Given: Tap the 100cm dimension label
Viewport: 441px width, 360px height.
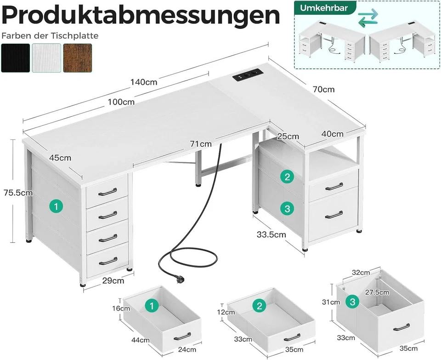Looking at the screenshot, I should click(122, 102).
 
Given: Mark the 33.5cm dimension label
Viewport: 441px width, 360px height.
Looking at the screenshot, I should click(271, 234).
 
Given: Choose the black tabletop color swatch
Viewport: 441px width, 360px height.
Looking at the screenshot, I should click(15, 58).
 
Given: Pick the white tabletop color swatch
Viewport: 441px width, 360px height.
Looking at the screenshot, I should click(46, 58).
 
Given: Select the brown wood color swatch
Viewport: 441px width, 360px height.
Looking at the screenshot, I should click(77, 58).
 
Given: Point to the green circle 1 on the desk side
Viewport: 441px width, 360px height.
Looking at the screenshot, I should click(56, 207).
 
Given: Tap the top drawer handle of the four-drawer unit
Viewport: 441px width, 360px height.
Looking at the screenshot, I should click(107, 191).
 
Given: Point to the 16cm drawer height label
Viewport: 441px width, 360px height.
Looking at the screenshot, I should click(120, 308).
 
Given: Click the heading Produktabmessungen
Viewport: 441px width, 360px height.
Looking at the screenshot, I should click(141, 16).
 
